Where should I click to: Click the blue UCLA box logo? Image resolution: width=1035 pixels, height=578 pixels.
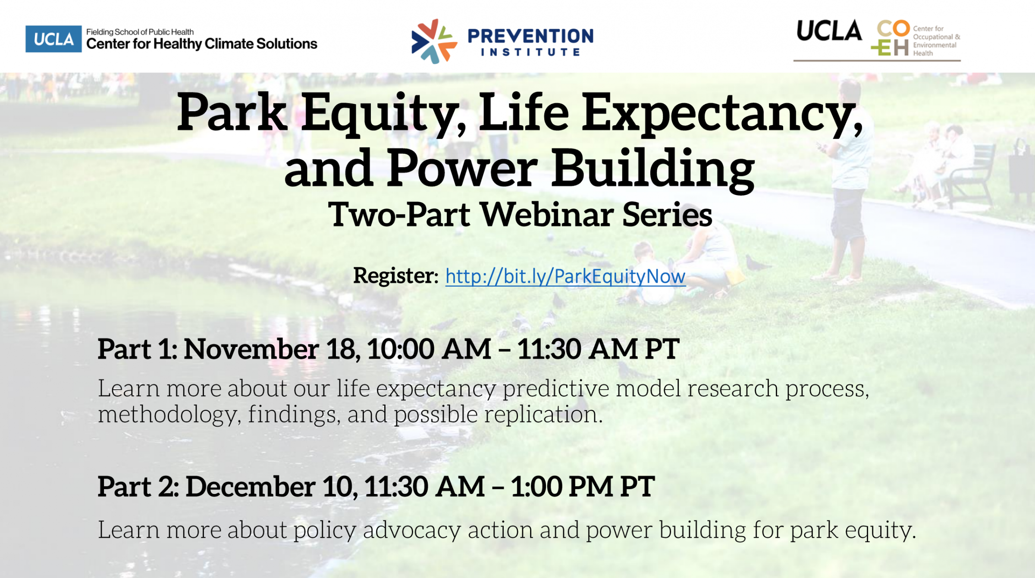pyautogui.click(x=53, y=39)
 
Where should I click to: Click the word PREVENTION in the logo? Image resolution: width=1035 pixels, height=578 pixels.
pyautogui.click(x=530, y=36)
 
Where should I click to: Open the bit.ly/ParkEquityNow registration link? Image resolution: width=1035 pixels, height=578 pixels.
pyautogui.click(x=565, y=276)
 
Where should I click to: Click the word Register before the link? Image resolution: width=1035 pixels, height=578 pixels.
pyautogui.click(x=395, y=276)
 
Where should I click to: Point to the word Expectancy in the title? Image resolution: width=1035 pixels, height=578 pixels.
pyautogui.click(x=722, y=114)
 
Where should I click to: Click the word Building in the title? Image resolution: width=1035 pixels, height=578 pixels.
pyautogui.click(x=653, y=169)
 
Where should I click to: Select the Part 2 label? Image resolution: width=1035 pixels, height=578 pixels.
pyautogui.click(x=138, y=487)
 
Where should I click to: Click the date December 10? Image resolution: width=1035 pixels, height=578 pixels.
pyautogui.click(x=271, y=487)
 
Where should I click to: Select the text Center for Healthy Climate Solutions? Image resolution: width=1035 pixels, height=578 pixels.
pyautogui.click(x=201, y=44)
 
